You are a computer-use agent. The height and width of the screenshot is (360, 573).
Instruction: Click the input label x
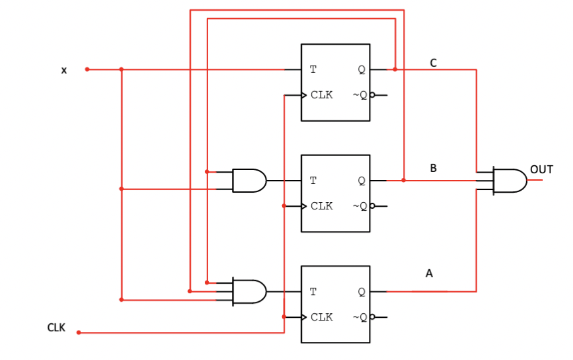coord(64,70)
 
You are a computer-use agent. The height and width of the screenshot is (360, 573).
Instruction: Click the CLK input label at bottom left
coord(56,328)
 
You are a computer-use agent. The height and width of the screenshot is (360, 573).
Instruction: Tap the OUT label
coord(541,170)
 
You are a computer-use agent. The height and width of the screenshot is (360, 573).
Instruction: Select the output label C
coord(433,63)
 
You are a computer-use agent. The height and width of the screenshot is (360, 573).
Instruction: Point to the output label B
coord(433,169)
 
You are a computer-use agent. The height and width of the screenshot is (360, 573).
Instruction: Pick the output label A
coord(429,274)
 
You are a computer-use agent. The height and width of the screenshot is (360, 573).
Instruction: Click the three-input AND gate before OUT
coord(509,181)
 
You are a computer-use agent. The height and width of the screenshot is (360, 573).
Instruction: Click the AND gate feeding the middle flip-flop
coord(249,181)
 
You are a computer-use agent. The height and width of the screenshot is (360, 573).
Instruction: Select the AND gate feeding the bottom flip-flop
coord(249,292)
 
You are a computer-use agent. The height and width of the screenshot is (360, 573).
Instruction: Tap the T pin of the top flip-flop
coord(313,70)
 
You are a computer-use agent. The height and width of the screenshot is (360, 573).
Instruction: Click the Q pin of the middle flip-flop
coord(361,181)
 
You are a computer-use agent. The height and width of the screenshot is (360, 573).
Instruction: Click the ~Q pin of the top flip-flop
coord(360,95)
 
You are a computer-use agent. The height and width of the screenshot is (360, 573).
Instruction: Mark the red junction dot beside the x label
coord(87,70)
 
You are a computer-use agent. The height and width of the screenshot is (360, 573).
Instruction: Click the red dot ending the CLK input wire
coord(78,333)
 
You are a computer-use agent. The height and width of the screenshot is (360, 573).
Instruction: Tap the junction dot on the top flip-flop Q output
coord(395,69)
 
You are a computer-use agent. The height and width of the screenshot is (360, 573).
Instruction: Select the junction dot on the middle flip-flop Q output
coord(404,180)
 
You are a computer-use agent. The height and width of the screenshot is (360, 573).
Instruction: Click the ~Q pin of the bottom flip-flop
coord(360,317)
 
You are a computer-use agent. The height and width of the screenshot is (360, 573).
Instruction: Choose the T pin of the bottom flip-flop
coord(313,292)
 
